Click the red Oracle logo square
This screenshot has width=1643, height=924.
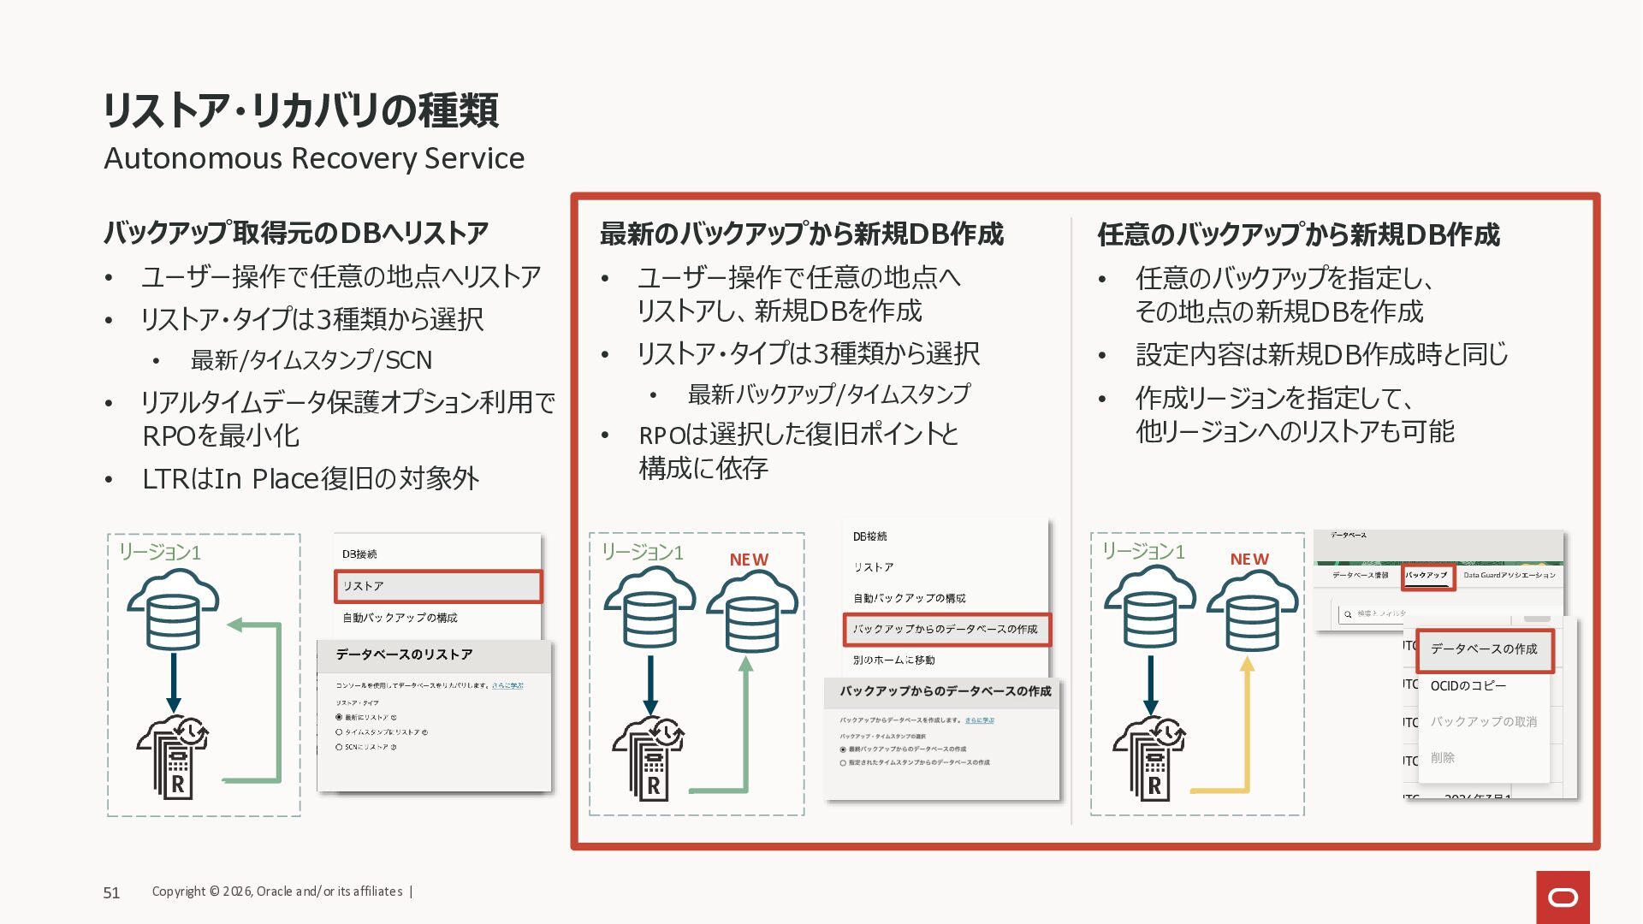pos(1563,897)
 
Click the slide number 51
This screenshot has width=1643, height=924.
pos(111,892)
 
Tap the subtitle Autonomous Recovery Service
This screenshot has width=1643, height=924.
pos(314,158)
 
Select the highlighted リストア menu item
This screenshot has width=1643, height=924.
pos(437,586)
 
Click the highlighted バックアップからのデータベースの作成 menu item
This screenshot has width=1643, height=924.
pos(946,629)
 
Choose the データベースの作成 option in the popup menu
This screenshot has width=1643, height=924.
pos(1484,649)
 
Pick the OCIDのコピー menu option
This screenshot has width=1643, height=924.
pos(1468,686)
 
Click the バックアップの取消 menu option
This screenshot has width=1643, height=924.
pos(1483,722)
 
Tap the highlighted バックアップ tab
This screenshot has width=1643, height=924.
pos(1427,576)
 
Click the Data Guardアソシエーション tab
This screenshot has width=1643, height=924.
pos(1510,576)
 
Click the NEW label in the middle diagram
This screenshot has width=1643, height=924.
pos(749,560)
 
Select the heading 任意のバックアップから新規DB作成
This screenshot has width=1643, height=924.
pos(1298,234)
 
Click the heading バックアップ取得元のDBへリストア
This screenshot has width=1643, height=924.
pos(296,233)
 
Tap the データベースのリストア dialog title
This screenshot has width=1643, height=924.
pos(404,654)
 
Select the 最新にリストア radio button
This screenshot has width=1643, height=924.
pos(339,717)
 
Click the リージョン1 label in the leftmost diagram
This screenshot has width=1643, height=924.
pos(159,553)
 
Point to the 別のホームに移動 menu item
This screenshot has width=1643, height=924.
pos(893,660)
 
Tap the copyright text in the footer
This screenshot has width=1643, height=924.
pos(277,891)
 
